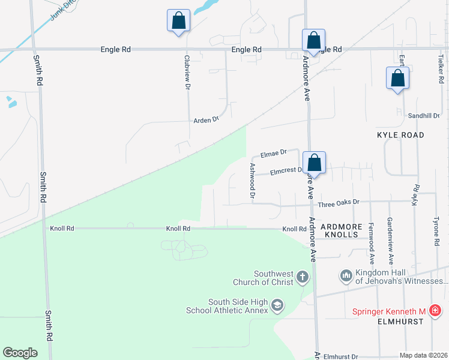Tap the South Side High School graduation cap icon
pyautogui.click(x=277, y=305)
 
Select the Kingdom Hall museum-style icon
pyautogui.click(x=346, y=276)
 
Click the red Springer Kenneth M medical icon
pyautogui.click(x=435, y=311)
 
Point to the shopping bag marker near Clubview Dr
pyautogui.click(x=178, y=21)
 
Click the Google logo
pyautogui.click(x=20, y=353)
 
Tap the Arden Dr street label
pyautogui.click(x=206, y=120)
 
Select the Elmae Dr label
pyautogui.click(x=274, y=153)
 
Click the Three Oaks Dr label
pyautogui.click(x=339, y=203)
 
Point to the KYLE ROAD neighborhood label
pyautogui.click(x=400, y=135)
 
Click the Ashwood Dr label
pyautogui.click(x=253, y=181)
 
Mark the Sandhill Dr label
pyautogui.click(x=424, y=115)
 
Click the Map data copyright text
pyautogui.click(x=423, y=355)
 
